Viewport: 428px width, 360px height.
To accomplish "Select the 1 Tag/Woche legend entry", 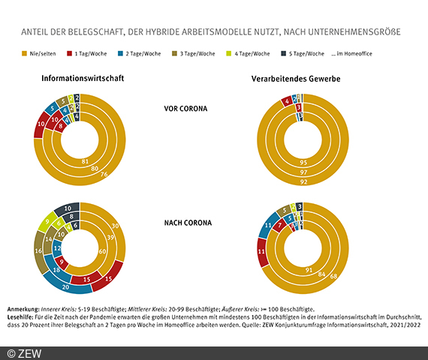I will click(x=89, y=54).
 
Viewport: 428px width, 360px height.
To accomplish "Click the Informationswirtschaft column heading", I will click(x=82, y=78).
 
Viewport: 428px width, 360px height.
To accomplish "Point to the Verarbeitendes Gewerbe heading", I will click(x=299, y=78).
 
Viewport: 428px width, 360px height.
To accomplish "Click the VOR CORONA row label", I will click(x=186, y=108).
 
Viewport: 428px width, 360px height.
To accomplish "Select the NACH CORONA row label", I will click(x=186, y=222).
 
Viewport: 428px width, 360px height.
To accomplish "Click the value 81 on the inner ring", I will click(x=84, y=160).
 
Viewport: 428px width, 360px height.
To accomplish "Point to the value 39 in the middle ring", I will click(x=112, y=238).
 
